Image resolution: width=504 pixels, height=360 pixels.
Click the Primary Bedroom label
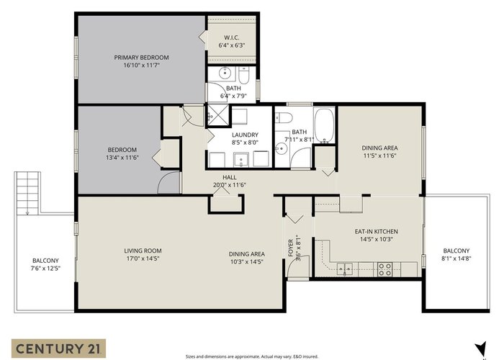click(x=141, y=58)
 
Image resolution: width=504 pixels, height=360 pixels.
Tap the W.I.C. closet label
click(x=231, y=37)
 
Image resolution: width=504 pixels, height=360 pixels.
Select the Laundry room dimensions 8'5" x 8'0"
click(x=245, y=143)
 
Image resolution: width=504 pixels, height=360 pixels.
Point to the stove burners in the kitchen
click(x=384, y=269)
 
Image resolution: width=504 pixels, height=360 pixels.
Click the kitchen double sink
click(x=345, y=269)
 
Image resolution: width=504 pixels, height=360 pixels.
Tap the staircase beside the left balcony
click(x=27, y=193)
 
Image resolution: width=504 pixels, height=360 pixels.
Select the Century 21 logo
click(x=58, y=348)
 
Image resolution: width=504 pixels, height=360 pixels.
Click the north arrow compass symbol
click(x=481, y=350)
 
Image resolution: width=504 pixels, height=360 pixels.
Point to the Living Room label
click(x=143, y=251)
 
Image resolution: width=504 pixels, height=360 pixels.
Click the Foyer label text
click(x=291, y=248)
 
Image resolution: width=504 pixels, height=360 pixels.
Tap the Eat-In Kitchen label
click(x=376, y=231)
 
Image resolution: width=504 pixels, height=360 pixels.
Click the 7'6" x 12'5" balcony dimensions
click(x=45, y=269)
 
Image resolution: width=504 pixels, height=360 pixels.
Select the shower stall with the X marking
click(x=217, y=115)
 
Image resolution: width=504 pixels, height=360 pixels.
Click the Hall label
click(x=230, y=177)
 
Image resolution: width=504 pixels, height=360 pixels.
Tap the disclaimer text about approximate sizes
click(x=252, y=356)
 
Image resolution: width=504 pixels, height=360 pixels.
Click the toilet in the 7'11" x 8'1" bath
click(x=284, y=117)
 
